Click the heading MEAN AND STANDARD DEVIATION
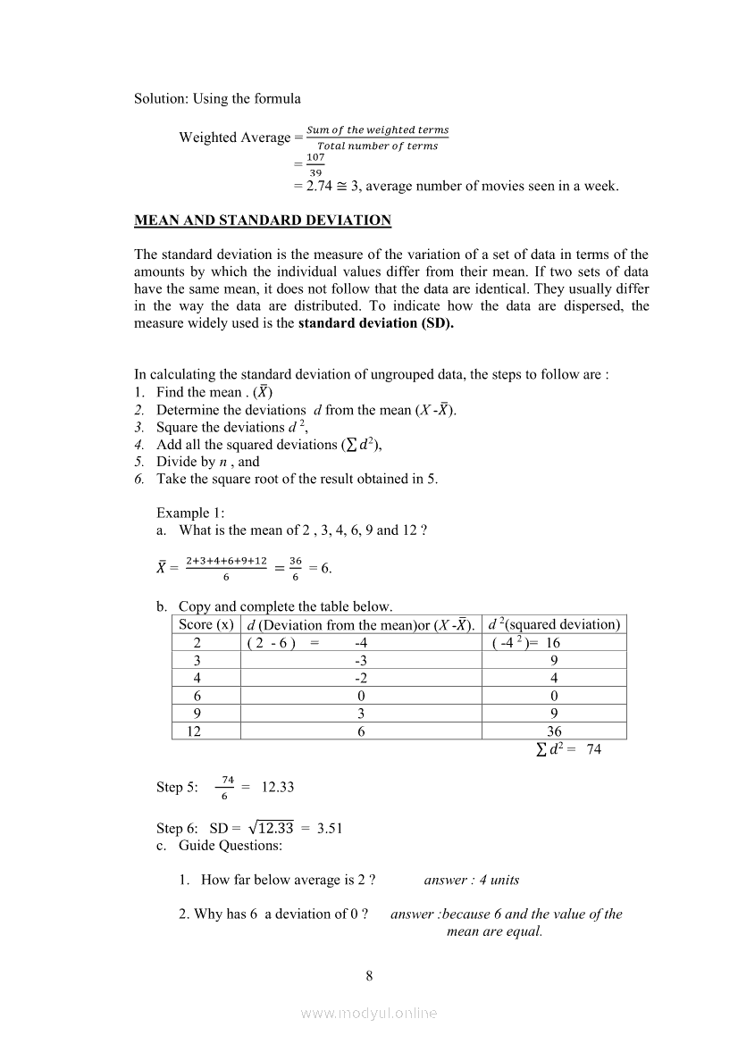263,220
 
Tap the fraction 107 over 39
314,164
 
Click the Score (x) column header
206,624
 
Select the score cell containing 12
193,731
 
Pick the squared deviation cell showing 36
554,731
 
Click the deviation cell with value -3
361,660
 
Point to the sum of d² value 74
594,749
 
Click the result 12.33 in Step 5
277,787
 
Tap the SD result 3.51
330,828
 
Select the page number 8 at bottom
369,975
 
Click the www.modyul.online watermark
369,1013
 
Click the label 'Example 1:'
190,513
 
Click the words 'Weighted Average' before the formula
234,138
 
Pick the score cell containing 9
197,713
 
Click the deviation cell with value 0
361,696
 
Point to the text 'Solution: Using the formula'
217,98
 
